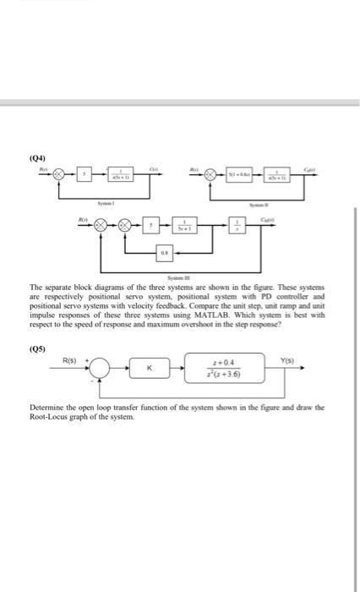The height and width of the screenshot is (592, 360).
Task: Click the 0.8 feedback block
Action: (164, 252)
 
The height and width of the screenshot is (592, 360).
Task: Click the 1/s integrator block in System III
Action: (237, 226)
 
